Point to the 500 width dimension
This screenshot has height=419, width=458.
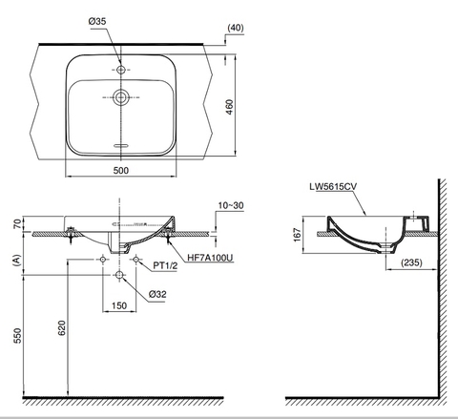tap(122, 170)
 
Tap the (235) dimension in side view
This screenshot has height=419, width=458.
tap(410, 263)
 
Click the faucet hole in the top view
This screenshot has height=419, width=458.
tap(120, 71)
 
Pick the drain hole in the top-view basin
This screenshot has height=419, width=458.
tap(120, 96)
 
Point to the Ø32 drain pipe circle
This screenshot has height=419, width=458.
tap(118, 275)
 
